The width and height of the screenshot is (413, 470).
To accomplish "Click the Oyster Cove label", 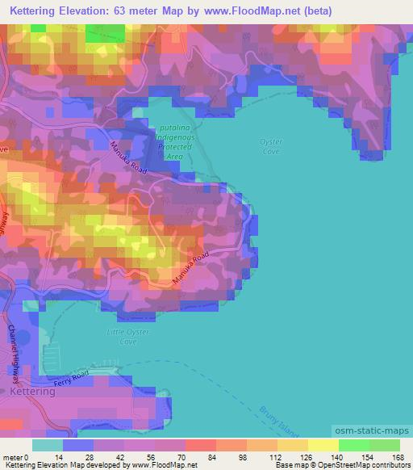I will (271, 145).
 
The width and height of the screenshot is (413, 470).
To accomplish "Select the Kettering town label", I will (33, 391).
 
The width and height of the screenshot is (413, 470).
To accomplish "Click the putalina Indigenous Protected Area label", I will (174, 141).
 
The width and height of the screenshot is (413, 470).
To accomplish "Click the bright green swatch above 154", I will (354, 445).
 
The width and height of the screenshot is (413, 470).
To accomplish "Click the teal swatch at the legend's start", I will (48, 445).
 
